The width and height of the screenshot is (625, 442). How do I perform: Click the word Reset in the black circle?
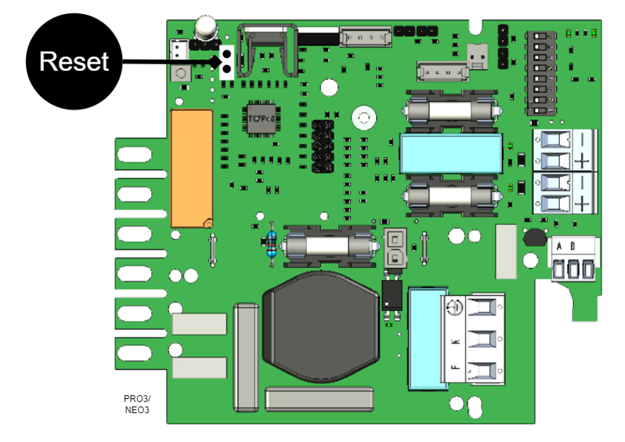(x=74, y=62)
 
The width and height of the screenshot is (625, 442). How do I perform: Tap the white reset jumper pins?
(x=227, y=62)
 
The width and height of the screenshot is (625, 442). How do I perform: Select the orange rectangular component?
(x=191, y=168)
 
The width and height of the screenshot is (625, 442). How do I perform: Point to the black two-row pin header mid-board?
(x=322, y=146)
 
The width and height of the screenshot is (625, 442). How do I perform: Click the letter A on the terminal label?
(x=560, y=246)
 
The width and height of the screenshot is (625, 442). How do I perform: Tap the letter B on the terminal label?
(x=572, y=246)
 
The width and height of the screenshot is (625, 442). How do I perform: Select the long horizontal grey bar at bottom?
(x=319, y=398)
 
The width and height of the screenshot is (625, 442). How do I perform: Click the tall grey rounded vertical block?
(x=246, y=356)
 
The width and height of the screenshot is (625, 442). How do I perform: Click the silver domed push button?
(x=205, y=28)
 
